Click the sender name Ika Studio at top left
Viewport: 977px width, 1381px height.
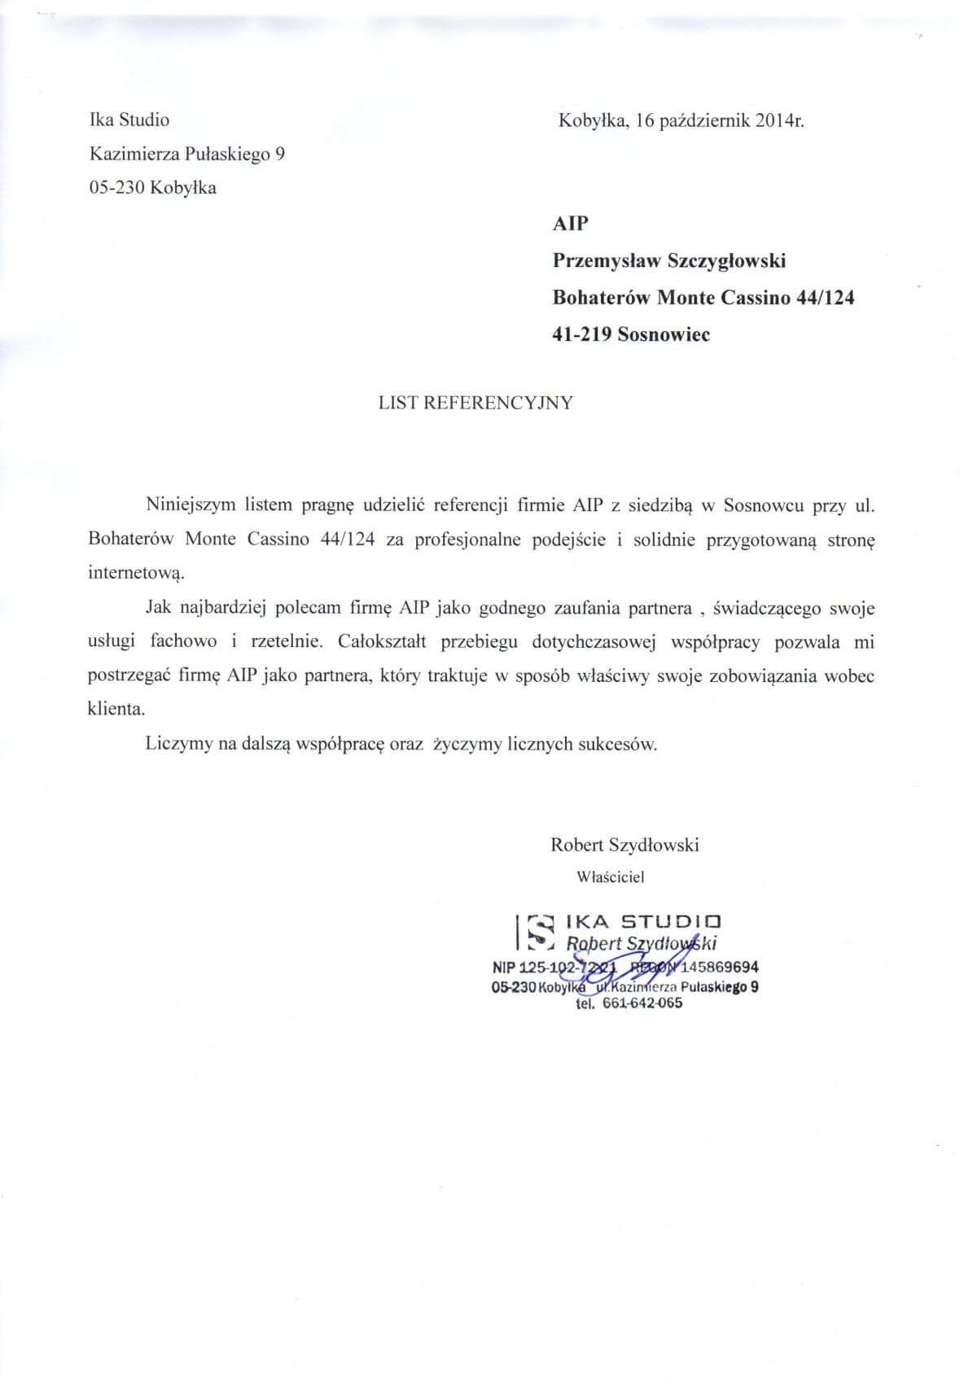point(129,120)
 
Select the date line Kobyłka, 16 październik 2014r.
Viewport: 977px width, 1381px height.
point(681,121)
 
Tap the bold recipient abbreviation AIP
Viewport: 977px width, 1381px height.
point(570,224)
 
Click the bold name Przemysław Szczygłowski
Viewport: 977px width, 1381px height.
point(669,261)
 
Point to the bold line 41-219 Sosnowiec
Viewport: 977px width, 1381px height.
point(631,334)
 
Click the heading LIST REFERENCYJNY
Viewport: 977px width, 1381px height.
point(475,403)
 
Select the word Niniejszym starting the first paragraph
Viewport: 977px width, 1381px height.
point(191,505)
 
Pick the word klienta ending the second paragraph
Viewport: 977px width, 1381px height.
point(116,709)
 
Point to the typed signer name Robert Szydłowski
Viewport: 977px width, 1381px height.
point(624,845)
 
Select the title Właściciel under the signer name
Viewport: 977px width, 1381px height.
point(610,877)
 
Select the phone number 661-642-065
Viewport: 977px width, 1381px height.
point(642,1003)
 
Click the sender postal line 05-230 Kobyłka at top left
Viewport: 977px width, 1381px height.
point(152,188)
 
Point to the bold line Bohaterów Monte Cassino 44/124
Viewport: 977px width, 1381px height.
point(703,298)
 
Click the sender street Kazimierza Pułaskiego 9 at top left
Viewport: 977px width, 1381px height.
point(186,154)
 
